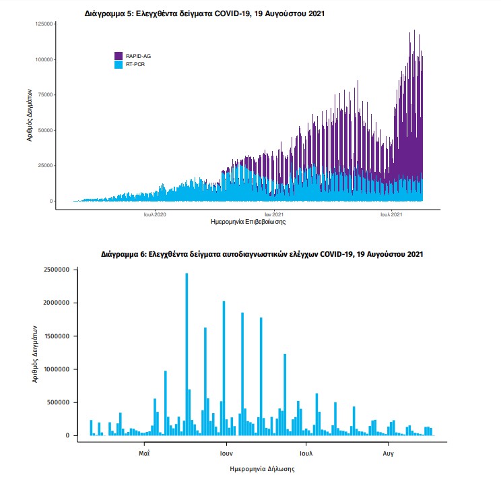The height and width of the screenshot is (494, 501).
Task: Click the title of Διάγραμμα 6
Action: click(262, 255)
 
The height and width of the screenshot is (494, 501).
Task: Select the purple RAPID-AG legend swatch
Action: click(119, 55)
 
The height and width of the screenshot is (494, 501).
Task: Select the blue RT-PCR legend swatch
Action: click(119, 64)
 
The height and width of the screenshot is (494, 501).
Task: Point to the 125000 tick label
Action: click(44, 24)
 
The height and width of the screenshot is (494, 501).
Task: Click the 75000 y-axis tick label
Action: click(45, 95)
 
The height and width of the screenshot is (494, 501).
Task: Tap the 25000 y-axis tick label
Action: click(45, 166)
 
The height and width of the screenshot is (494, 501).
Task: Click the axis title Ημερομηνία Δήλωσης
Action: click(262, 468)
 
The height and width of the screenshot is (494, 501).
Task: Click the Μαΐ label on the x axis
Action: click(144, 453)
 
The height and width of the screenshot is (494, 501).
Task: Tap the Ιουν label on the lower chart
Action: click(226, 453)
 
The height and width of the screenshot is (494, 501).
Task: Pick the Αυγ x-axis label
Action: click(388, 453)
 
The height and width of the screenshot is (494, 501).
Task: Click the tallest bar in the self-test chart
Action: click(187, 354)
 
